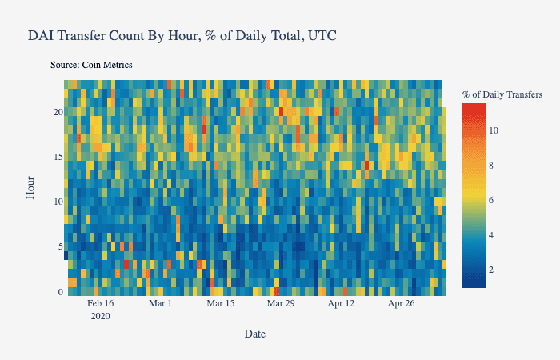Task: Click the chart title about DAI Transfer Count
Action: click(182, 36)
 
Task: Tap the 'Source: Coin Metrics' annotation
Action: click(90, 64)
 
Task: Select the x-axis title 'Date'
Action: click(255, 334)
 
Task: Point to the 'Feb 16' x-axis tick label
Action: click(101, 304)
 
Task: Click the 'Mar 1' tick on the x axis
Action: click(161, 304)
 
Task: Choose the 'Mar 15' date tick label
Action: click(220, 304)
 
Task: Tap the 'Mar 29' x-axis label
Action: click(281, 304)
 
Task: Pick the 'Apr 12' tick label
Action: click(341, 304)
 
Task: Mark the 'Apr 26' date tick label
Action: click(401, 304)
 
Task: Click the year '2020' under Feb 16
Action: click(101, 316)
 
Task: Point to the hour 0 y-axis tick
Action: click(60, 292)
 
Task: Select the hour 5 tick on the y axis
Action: click(60, 246)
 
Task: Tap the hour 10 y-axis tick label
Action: click(58, 202)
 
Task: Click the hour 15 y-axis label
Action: click(58, 157)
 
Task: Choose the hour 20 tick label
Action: click(58, 112)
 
